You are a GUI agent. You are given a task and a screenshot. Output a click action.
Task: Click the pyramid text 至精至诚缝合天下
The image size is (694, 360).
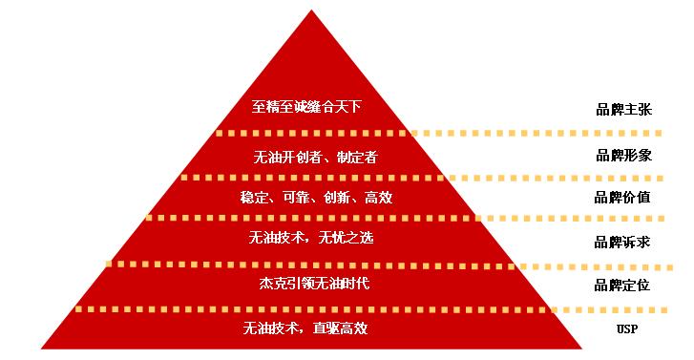point(306,107)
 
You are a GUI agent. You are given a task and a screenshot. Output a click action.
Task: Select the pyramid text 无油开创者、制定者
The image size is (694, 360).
point(315,157)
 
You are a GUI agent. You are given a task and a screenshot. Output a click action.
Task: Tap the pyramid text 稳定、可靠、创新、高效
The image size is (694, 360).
point(317,197)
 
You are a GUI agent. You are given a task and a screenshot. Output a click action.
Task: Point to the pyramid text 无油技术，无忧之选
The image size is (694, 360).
point(310,238)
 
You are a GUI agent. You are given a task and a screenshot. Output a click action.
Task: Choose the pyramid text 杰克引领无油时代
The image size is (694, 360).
point(314,283)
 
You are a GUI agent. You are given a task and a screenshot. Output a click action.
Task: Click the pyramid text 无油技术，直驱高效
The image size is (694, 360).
point(305,328)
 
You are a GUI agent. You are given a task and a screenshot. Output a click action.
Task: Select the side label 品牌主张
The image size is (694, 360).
point(624,110)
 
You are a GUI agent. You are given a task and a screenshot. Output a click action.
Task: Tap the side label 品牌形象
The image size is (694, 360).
point(624,156)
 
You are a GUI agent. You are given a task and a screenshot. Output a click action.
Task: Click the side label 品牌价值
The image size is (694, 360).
point(622,198)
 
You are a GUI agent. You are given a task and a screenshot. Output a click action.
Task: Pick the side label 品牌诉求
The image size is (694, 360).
point(622,243)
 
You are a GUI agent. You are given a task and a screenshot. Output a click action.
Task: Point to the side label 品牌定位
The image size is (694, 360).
point(622,286)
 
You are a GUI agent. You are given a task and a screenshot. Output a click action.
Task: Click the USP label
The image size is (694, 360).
point(627,329)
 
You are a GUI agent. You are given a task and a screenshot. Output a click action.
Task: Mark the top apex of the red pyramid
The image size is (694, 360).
point(311,10)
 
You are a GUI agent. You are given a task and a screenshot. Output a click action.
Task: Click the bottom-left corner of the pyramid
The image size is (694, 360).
point(41,349)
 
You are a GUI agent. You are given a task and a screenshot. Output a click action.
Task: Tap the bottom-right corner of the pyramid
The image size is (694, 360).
point(582,349)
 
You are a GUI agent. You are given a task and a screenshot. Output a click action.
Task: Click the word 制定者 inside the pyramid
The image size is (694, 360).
point(357,157)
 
